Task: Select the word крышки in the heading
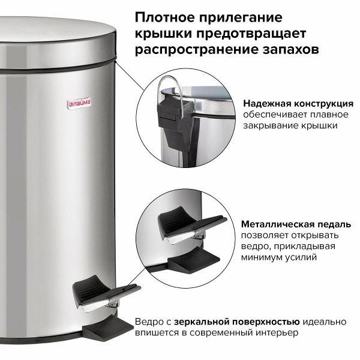pos(161,32)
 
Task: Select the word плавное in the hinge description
pos(323,114)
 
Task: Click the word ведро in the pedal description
pos(256,245)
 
